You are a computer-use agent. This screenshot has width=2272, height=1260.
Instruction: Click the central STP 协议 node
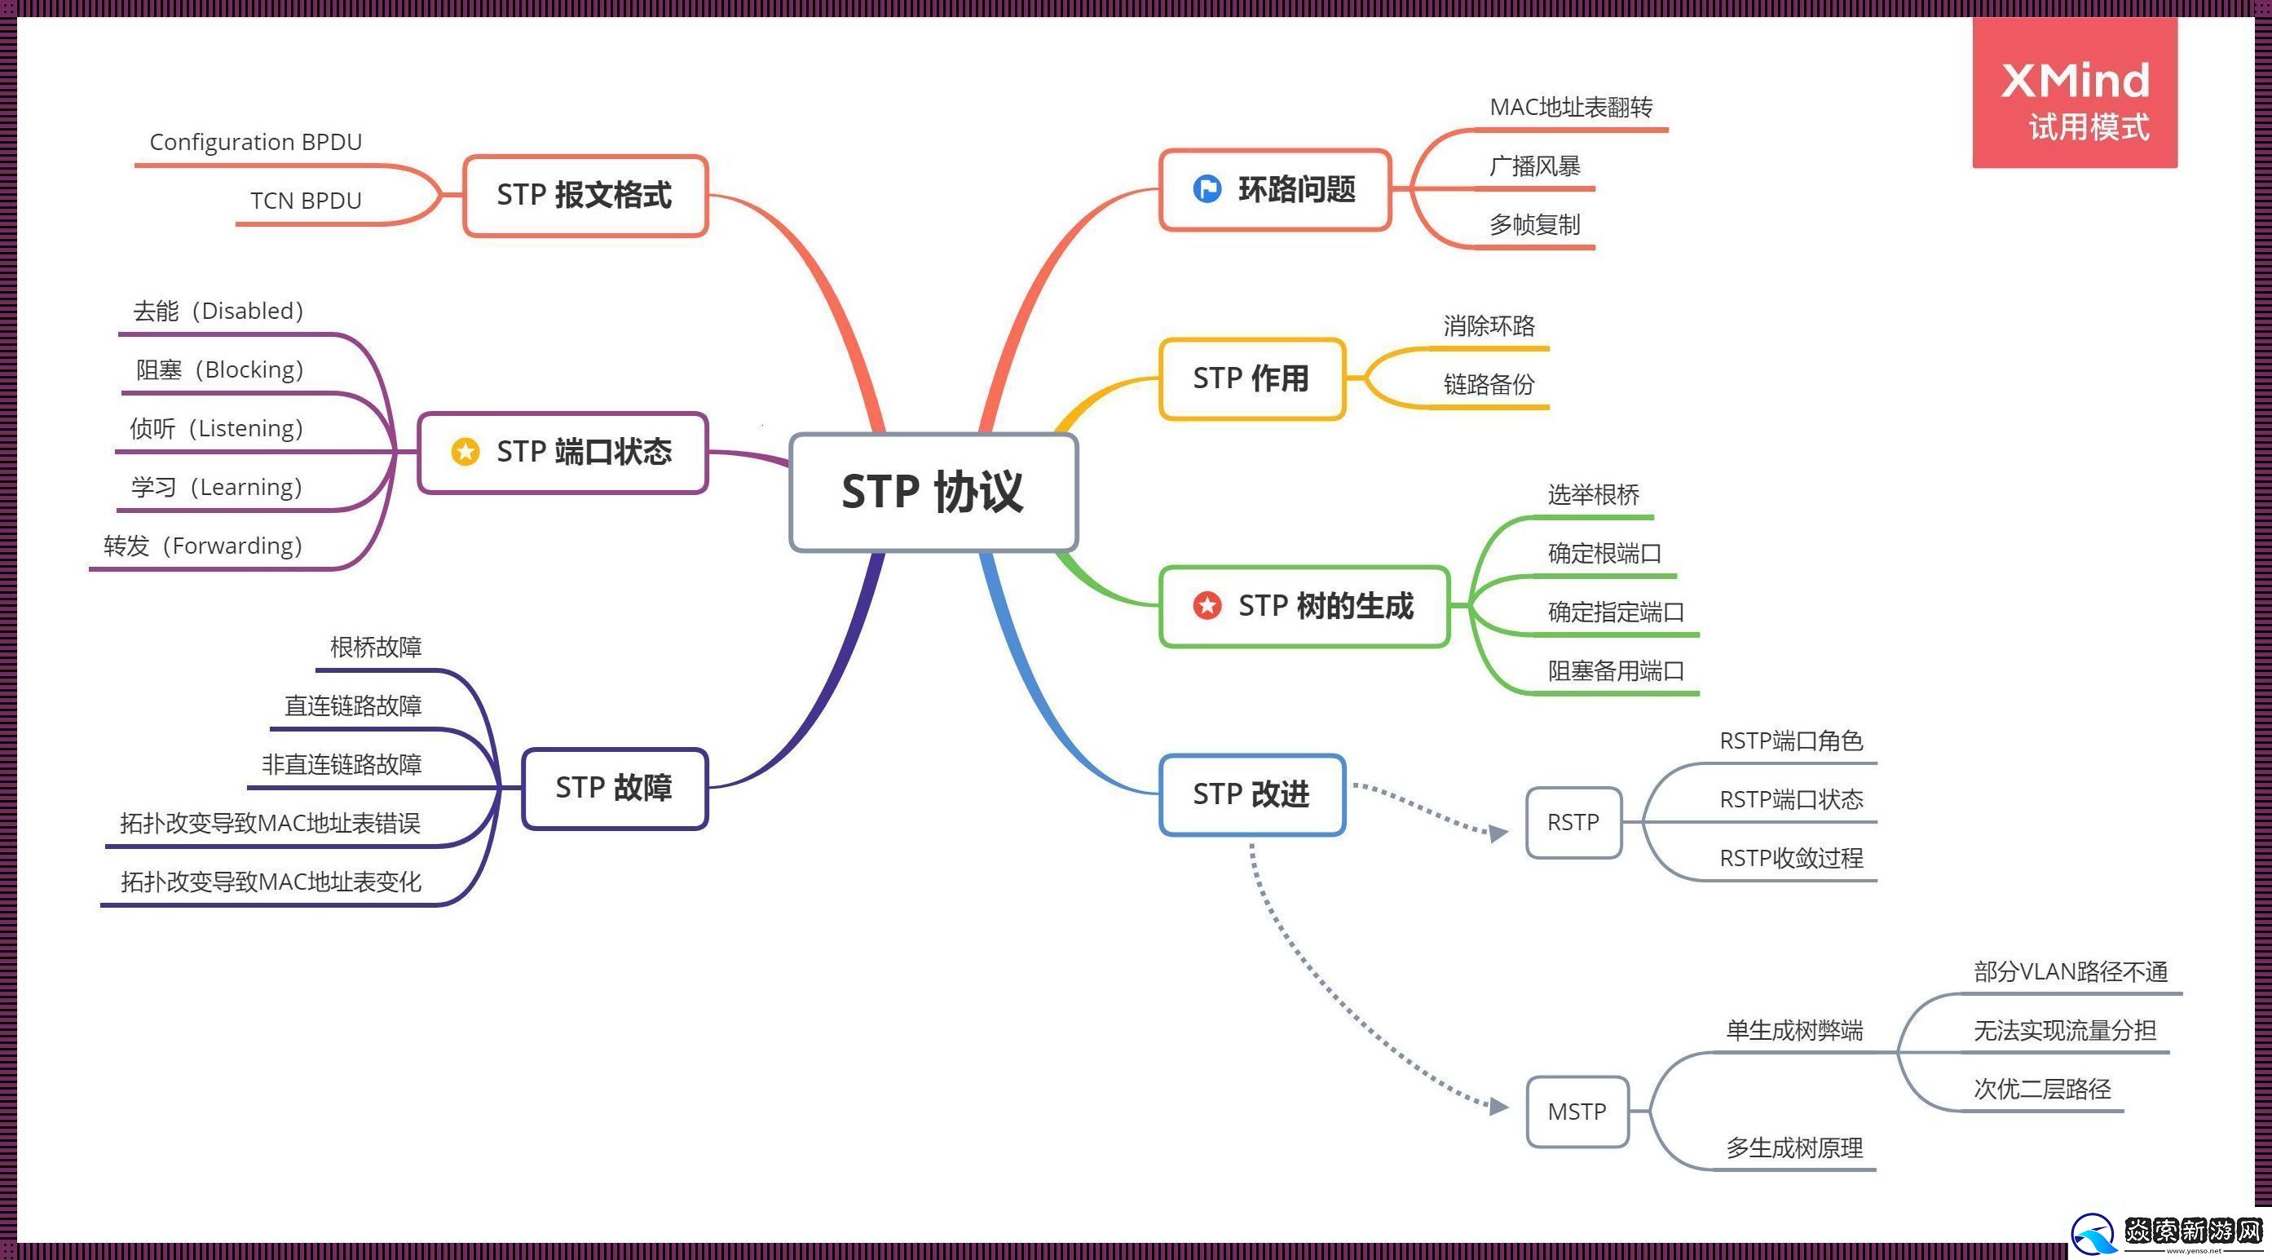tap(933, 492)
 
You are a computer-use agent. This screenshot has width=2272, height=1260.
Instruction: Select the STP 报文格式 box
tap(585, 195)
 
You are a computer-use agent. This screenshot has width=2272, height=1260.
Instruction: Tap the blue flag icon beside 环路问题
tap(1207, 189)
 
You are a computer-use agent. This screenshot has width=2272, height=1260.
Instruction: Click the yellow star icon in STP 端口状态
tap(465, 452)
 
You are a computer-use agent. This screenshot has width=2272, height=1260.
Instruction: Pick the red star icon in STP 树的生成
tap(1207, 605)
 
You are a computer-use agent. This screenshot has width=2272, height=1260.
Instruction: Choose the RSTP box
tap(1573, 822)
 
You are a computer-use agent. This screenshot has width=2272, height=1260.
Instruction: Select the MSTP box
tap(1576, 1111)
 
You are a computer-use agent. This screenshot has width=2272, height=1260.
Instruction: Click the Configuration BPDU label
tap(256, 142)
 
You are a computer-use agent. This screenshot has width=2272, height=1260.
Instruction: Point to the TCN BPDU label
tap(305, 201)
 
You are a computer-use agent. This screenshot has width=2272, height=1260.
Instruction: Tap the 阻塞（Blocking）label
tap(219, 369)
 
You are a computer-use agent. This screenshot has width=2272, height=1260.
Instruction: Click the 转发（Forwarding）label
tap(203, 546)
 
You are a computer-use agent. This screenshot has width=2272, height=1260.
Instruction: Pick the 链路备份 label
tap(1489, 384)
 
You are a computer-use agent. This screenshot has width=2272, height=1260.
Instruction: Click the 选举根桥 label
tap(1593, 494)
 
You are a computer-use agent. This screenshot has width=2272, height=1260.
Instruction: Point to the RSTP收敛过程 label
tap(1790, 858)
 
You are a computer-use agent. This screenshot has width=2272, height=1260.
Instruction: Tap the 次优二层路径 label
tap(2042, 1089)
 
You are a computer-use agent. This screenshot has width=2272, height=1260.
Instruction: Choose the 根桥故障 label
tap(376, 647)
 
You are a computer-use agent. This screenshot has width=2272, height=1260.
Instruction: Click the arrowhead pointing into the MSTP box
tap(1498, 1106)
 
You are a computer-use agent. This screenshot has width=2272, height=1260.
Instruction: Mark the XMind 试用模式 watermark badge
tap(2075, 93)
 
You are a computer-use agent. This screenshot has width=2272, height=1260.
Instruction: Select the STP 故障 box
tap(614, 788)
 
